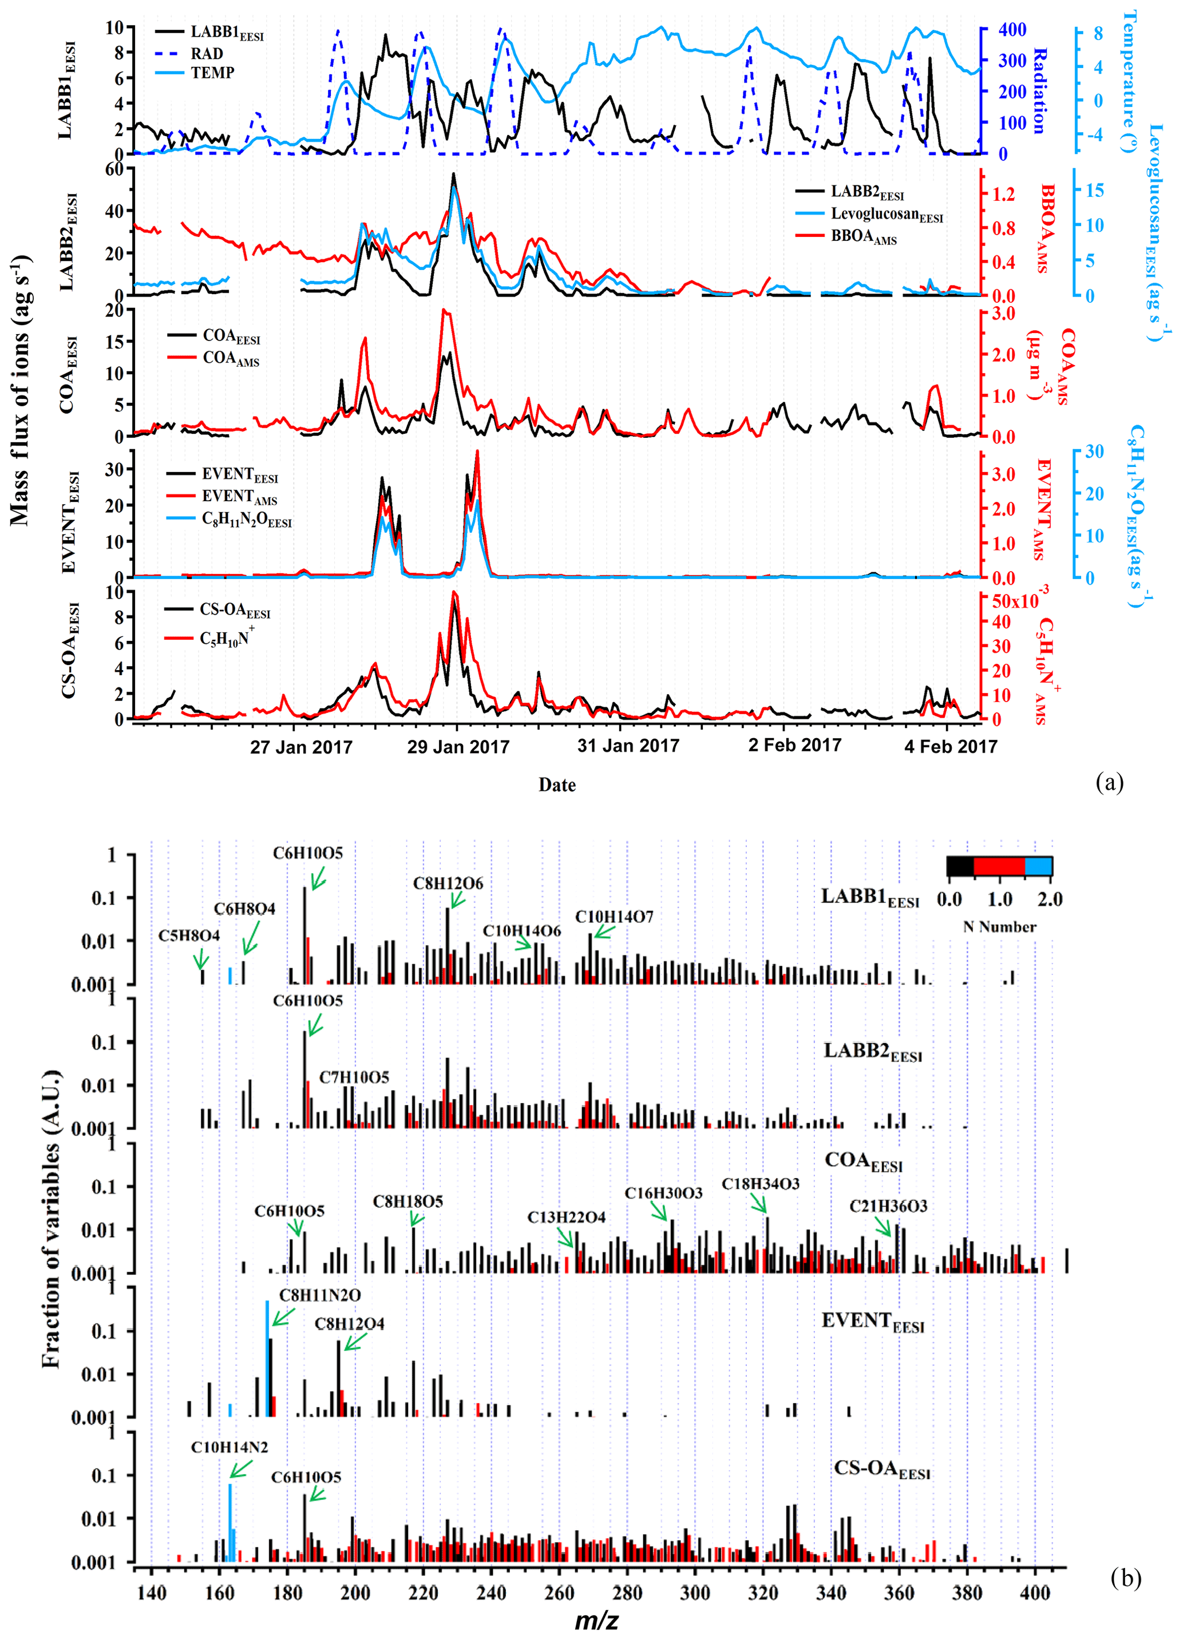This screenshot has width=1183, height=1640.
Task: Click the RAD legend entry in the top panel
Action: click(206, 54)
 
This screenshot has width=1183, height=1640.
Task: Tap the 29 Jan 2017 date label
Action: click(458, 747)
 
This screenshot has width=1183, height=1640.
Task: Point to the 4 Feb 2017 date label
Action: click(950, 746)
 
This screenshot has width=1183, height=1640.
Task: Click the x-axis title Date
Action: click(557, 785)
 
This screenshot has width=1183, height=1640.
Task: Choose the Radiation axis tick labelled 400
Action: click(1012, 30)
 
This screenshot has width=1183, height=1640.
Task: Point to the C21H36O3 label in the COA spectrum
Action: click(888, 1206)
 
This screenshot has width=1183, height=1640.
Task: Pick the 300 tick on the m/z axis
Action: click(695, 1593)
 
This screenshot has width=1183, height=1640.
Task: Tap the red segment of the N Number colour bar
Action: click(999, 866)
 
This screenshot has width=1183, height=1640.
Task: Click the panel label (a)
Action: click(1109, 782)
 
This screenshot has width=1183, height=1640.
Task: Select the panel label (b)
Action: click(1125, 1577)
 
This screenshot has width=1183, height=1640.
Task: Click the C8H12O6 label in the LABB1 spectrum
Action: click(448, 883)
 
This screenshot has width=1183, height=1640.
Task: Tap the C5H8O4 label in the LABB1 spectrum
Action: click(189, 936)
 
